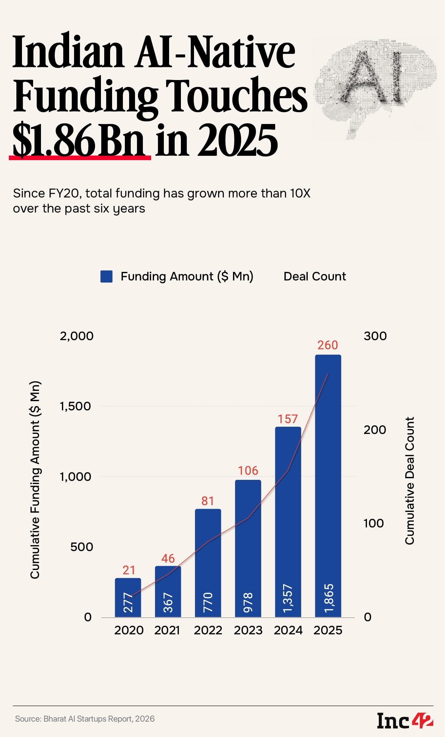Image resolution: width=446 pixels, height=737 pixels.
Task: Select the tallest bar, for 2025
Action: click(328, 485)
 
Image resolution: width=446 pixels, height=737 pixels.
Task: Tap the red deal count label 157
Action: click(288, 419)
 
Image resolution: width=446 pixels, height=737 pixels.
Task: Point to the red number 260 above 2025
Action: click(328, 345)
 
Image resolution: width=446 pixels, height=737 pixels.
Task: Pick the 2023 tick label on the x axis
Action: click(248, 630)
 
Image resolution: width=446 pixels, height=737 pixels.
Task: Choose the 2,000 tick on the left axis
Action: click(77, 336)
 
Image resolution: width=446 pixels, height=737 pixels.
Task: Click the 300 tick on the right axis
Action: click(375, 336)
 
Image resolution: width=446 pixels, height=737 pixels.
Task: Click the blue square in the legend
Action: click(107, 276)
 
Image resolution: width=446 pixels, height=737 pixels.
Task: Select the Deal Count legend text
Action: click(315, 276)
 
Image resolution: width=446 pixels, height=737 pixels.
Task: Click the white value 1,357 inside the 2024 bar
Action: click(288, 598)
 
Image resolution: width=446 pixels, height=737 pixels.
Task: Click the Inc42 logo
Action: click(405, 720)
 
